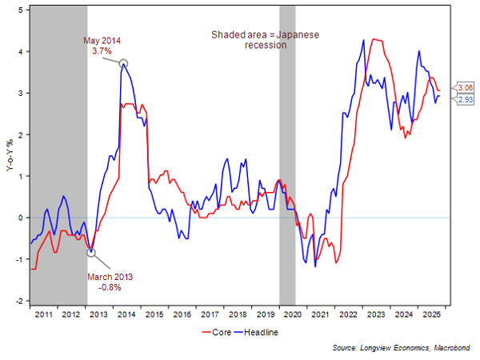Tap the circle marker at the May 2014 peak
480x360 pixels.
click(123, 62)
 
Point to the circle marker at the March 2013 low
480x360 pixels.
click(90, 252)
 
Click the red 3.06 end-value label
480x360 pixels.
click(464, 88)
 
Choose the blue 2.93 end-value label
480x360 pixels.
click(464, 99)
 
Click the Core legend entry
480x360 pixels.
click(222, 332)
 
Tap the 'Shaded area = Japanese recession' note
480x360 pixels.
click(265, 40)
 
